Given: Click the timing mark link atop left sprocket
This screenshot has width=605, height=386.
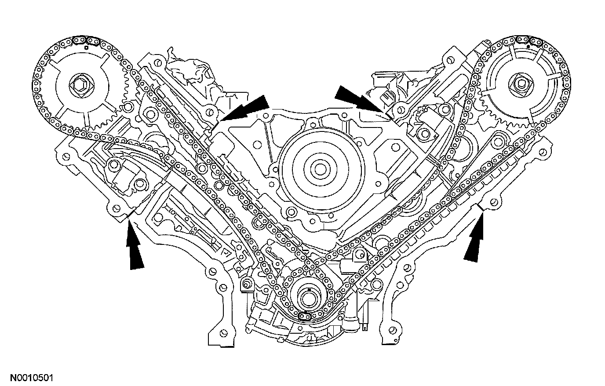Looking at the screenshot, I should coord(81,41).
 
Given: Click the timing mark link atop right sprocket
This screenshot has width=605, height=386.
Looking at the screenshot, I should coord(534,42).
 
